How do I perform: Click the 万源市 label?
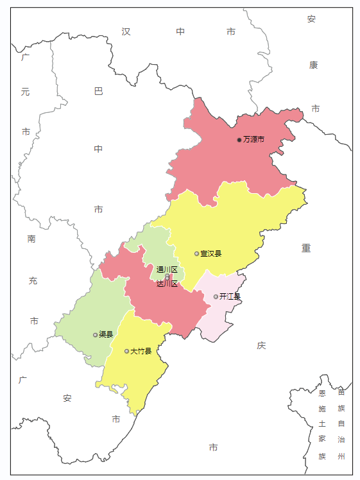point(253,139)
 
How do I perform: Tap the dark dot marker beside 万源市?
point(239,139)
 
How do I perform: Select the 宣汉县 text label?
point(210,253)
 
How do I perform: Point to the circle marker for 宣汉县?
point(197,253)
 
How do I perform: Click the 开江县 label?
point(230,296)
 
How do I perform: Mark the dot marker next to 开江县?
point(216,296)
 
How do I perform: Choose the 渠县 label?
point(106,334)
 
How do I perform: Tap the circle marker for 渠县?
point(95,334)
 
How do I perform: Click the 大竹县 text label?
point(141,351)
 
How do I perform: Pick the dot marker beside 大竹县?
point(126,351)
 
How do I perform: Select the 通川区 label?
point(167,270)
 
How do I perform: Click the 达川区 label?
point(167,284)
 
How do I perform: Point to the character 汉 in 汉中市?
point(126,31)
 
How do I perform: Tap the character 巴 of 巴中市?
point(98,91)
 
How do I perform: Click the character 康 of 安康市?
point(313,65)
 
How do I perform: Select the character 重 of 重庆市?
point(306,248)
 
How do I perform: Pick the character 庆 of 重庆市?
point(261,345)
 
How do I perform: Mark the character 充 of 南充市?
point(33,280)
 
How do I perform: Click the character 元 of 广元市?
point(25,92)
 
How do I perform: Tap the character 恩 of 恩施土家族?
point(322,393)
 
